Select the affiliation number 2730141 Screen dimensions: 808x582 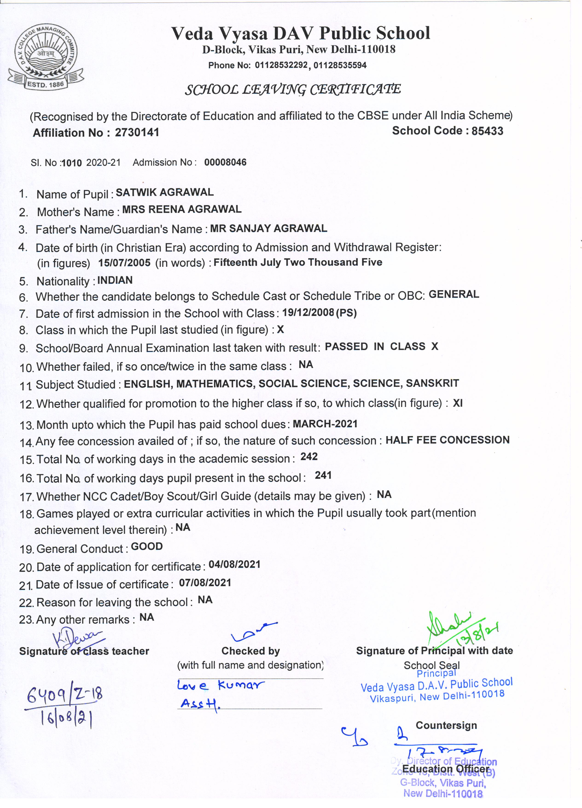(137, 132)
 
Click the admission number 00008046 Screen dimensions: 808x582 (225, 162)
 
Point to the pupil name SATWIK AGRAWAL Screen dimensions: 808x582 (165, 192)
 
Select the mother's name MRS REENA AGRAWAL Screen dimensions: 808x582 (182, 209)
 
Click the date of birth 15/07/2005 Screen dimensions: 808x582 (124, 263)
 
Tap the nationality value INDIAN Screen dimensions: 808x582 (115, 280)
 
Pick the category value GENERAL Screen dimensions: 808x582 (454, 294)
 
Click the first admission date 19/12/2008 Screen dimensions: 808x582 (308, 313)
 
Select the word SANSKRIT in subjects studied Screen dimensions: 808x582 (432, 383)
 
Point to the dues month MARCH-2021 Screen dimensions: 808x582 (325, 424)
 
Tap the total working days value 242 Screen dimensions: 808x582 (309, 457)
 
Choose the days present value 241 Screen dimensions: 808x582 (323, 475)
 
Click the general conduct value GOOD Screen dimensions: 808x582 (147, 547)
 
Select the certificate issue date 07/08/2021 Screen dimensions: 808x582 (205, 583)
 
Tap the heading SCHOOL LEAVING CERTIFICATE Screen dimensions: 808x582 (293, 89)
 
